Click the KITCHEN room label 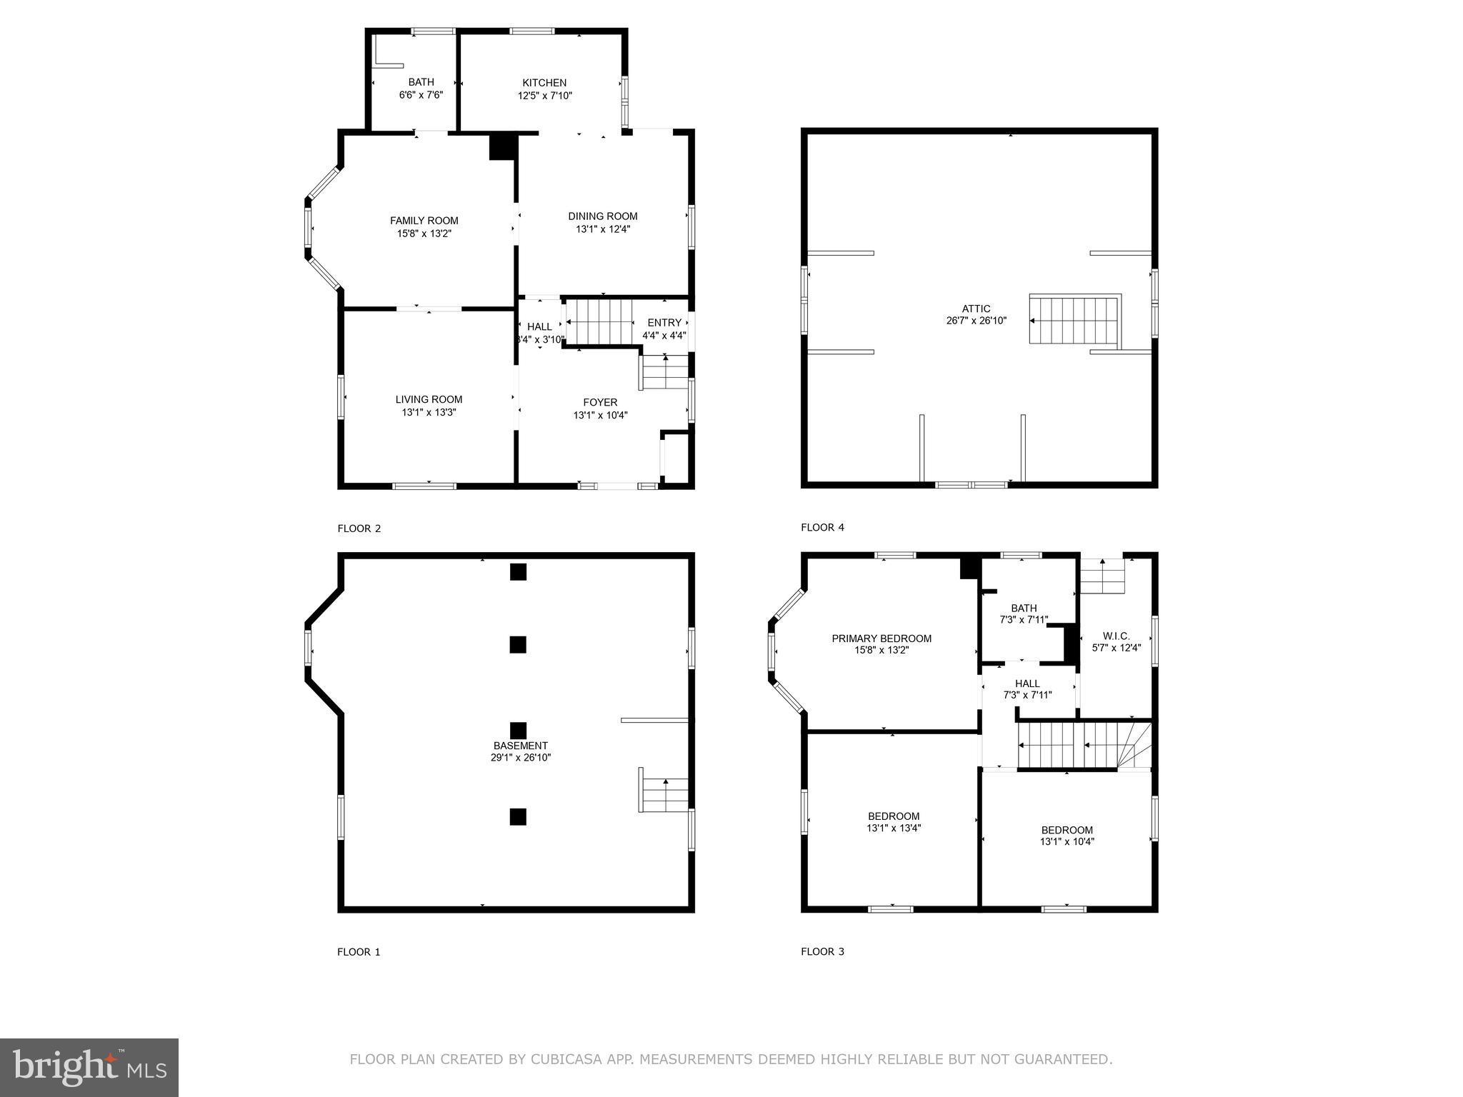click(x=544, y=83)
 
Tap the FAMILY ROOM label click(x=424, y=221)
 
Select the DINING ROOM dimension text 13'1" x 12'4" click(x=603, y=229)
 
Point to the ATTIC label click(x=976, y=309)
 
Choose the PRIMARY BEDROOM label click(x=881, y=638)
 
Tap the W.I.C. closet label click(x=1116, y=636)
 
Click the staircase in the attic click(x=1074, y=320)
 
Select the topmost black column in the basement click(x=518, y=571)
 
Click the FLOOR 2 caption click(x=359, y=529)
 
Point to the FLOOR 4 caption click(x=822, y=528)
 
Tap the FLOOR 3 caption click(x=822, y=951)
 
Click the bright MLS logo click(x=89, y=1068)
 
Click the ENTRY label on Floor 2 click(x=664, y=323)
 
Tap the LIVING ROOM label click(x=429, y=399)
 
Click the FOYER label click(x=600, y=402)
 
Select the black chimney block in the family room click(x=502, y=146)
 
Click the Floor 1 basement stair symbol click(x=664, y=790)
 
